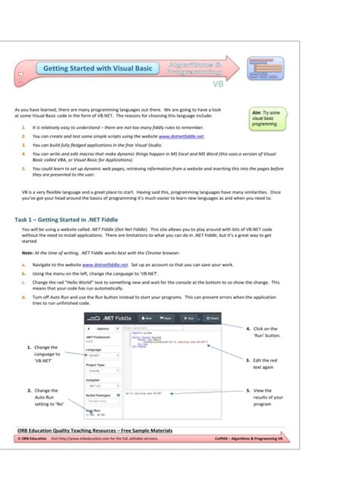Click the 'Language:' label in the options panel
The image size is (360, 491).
coord(93,349)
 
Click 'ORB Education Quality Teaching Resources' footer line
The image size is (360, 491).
coord(95,430)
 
